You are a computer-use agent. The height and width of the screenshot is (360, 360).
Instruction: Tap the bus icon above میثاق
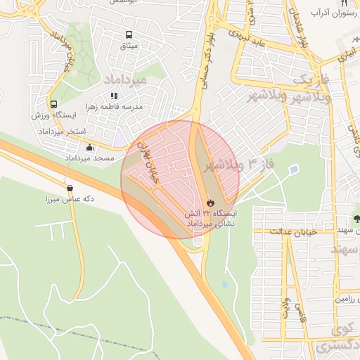coord(129,34)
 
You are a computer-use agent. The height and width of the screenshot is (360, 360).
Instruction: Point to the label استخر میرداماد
coord(61,131)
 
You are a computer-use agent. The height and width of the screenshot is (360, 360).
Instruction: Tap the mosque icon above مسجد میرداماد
coord(89,148)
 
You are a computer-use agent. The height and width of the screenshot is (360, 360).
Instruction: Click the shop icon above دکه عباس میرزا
coord(70,188)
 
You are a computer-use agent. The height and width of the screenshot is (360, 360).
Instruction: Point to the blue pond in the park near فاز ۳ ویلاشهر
coord(293,169)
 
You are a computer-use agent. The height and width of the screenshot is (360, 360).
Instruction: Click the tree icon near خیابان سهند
coord(356,217)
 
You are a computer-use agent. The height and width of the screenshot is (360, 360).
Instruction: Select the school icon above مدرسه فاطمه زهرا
coord(114,96)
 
